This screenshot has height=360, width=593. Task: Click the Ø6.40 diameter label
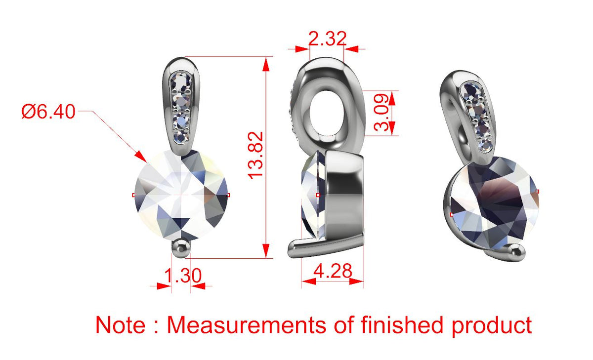[x=48, y=112]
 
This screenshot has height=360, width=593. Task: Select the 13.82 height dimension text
[x=255, y=156]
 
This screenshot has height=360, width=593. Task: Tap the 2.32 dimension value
[x=327, y=39]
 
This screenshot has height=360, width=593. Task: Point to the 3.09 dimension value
[x=381, y=113]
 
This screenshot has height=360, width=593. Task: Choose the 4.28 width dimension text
[x=333, y=271]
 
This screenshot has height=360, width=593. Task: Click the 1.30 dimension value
[x=183, y=276]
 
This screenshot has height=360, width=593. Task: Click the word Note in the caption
[x=121, y=324]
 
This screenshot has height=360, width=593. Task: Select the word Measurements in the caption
[x=246, y=324]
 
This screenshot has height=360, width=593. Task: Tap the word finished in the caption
[x=402, y=324]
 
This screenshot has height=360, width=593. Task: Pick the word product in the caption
[x=492, y=327]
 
